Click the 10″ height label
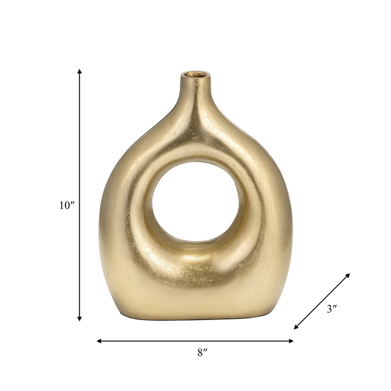pos(67,206)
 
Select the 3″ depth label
pos(332,310)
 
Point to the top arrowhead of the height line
pos(79,71)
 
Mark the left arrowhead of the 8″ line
pos(99,340)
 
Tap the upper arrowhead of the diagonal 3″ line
pos(348,275)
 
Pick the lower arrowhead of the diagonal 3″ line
pos(297,327)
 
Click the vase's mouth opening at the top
pos(195,74)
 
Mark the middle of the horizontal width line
pos(195,340)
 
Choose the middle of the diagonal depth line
pos(322,301)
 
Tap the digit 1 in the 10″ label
pos(63,206)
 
